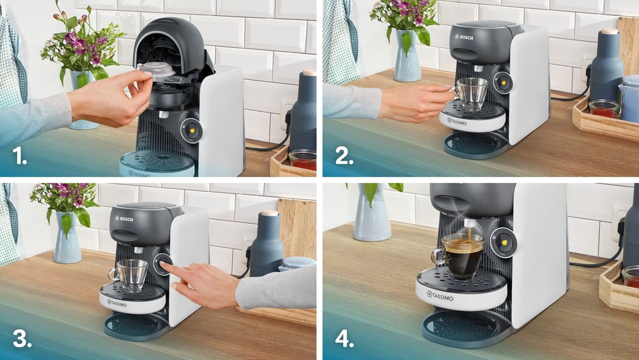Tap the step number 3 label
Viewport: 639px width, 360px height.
coord(22,339)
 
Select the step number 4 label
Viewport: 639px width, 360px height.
coord(344,339)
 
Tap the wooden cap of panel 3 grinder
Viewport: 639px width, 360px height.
coord(270,213)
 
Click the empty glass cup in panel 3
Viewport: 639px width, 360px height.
coord(131,275)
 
